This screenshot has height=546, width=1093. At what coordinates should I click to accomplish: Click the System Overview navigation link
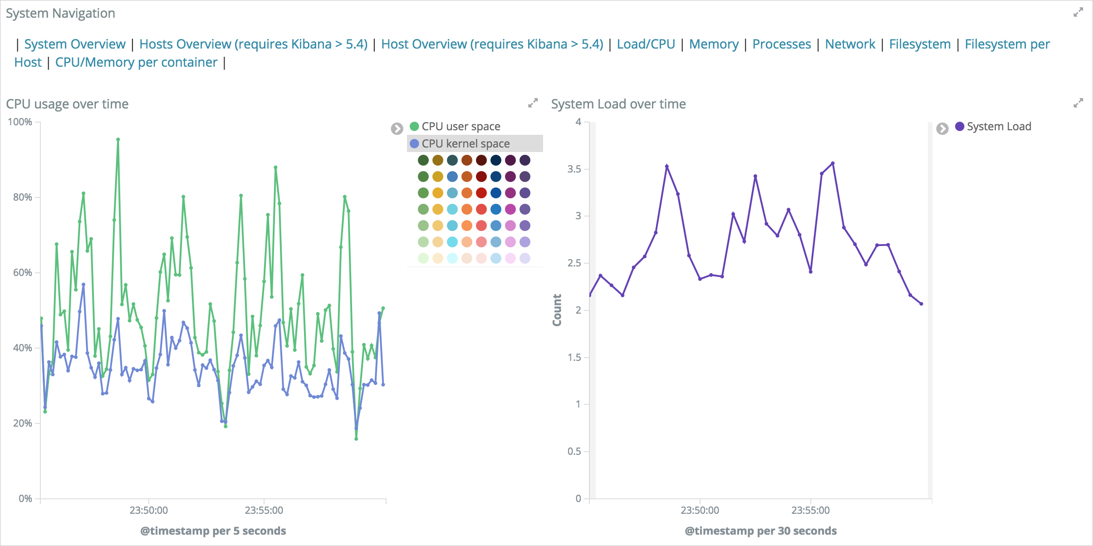(x=74, y=44)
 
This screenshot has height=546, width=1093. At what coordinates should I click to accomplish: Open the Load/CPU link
(x=646, y=44)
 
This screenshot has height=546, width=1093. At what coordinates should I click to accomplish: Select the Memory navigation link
(x=714, y=44)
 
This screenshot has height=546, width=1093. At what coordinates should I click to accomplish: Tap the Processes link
(x=781, y=44)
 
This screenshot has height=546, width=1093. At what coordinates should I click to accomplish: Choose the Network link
(x=850, y=44)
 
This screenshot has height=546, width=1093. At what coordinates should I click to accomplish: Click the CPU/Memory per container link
(x=136, y=63)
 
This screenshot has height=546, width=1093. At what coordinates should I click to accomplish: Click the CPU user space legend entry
(x=461, y=127)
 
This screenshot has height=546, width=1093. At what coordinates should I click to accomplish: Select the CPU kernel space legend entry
(x=465, y=144)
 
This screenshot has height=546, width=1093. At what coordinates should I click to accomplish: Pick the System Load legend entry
(x=999, y=127)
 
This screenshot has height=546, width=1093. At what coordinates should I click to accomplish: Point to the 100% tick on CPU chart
(x=20, y=122)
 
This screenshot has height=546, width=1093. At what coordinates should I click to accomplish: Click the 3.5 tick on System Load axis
(x=574, y=169)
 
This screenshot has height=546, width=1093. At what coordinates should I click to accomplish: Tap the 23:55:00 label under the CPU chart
(x=264, y=511)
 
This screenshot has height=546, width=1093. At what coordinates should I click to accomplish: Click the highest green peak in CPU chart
(x=118, y=140)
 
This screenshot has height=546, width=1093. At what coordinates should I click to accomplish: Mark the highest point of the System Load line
(x=833, y=163)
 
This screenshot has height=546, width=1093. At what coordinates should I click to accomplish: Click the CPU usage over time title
(x=67, y=104)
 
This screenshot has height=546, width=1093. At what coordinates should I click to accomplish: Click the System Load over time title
(x=618, y=104)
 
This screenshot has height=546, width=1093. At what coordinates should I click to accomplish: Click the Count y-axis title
(x=557, y=310)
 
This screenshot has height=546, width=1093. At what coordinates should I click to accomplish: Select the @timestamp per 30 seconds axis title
(x=760, y=531)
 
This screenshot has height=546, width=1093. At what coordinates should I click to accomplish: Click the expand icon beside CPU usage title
(x=533, y=103)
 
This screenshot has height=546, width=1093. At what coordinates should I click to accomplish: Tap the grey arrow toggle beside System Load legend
(x=942, y=129)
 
